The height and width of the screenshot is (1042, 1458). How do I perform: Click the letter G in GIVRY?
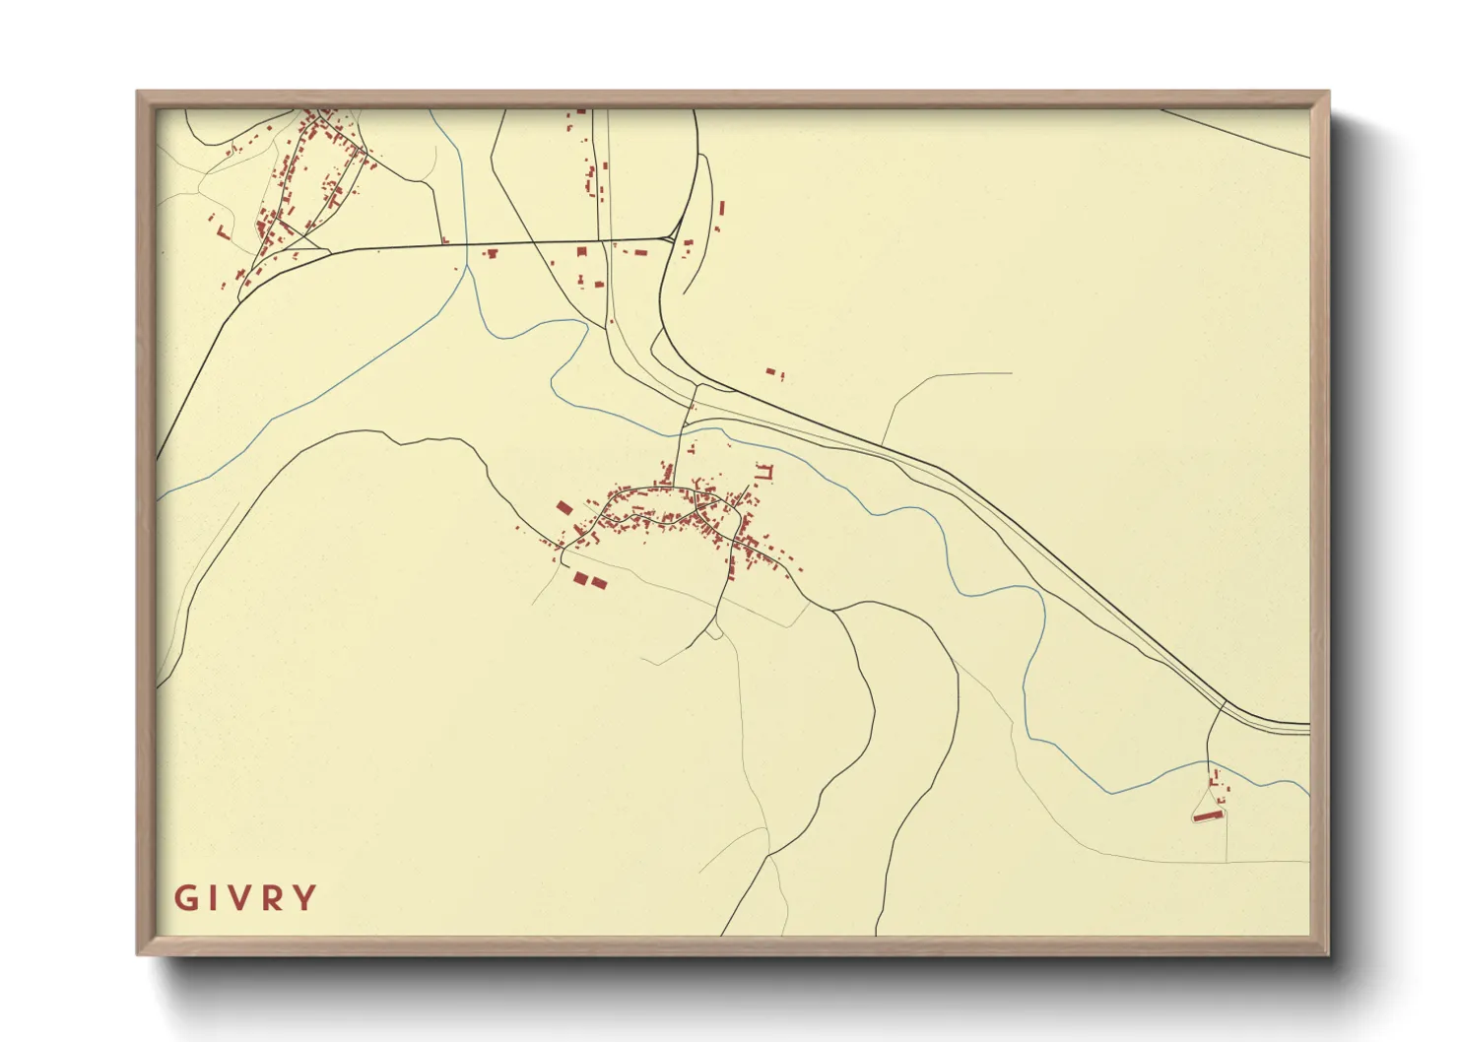(185, 898)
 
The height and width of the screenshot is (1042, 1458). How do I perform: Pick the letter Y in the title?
(306, 898)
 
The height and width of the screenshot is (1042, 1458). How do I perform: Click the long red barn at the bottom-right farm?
(1208, 815)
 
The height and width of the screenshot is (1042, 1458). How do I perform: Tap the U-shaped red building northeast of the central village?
(765, 473)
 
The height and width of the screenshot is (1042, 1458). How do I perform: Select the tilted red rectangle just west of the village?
(564, 508)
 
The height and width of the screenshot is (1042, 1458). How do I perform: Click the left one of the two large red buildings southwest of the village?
(580, 577)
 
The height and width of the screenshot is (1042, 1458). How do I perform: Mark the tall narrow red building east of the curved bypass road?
(721, 209)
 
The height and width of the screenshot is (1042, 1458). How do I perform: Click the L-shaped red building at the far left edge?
(222, 233)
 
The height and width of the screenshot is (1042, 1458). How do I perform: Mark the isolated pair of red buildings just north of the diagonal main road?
(774, 373)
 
